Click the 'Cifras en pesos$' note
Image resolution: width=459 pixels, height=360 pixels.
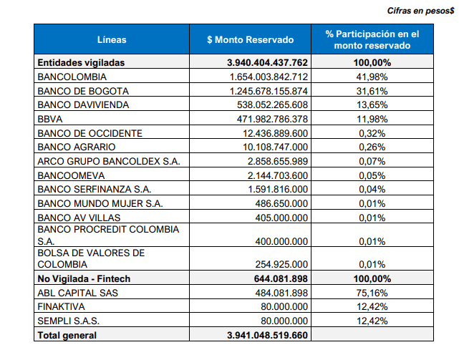pyautogui.click(x=420, y=11)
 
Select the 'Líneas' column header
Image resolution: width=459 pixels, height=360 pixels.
pyautogui.click(x=112, y=39)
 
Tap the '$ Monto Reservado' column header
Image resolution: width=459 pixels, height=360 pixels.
pyautogui.click(x=251, y=39)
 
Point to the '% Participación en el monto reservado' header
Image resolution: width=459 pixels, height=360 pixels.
pyautogui.click(x=372, y=39)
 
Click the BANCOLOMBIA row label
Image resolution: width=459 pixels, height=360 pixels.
pyautogui.click(x=72, y=77)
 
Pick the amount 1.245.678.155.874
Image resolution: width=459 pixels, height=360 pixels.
pyautogui.click(x=269, y=91)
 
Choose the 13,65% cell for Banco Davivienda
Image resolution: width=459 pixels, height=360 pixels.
pyautogui.click(x=372, y=104)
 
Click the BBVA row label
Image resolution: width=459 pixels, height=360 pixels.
pyautogui.click(x=50, y=119)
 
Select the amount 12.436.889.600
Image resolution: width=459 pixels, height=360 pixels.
pyautogui.click(x=276, y=133)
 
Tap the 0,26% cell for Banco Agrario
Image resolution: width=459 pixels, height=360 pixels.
pyautogui.click(x=372, y=147)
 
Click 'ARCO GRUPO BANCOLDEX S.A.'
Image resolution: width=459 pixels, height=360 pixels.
pyautogui.click(x=109, y=161)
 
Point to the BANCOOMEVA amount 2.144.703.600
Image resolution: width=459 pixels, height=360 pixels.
pyautogui.click(x=278, y=175)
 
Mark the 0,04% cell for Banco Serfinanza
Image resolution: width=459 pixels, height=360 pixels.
pyautogui.click(x=372, y=189)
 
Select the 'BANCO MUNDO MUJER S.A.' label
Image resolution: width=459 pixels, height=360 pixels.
pyautogui.click(x=100, y=203)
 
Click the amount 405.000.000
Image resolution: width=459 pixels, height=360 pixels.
pyautogui.click(x=281, y=218)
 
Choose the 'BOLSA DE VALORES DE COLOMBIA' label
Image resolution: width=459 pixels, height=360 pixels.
pyautogui.click(x=91, y=258)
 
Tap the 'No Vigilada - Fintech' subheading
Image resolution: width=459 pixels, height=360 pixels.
pyautogui.click(x=84, y=278)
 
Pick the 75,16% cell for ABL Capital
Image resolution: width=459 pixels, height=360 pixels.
pyautogui.click(x=372, y=293)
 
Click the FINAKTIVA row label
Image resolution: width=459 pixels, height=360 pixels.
pyautogui.click(x=61, y=306)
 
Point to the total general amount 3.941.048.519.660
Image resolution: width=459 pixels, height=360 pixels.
pyautogui.click(x=267, y=335)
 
